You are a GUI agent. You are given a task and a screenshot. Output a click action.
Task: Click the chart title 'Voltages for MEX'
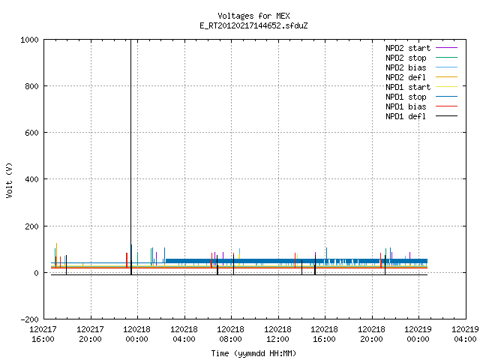click(253, 16)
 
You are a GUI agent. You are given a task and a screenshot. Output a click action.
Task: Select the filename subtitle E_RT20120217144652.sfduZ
click(253, 25)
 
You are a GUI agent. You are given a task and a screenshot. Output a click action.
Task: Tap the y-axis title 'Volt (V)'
click(9, 180)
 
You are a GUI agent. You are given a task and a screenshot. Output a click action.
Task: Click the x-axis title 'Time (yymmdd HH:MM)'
click(253, 353)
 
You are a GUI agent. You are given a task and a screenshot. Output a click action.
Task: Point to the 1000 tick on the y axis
click(29, 40)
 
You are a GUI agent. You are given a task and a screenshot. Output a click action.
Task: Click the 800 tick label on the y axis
click(31, 86)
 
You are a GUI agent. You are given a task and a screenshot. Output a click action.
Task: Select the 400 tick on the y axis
click(31, 179)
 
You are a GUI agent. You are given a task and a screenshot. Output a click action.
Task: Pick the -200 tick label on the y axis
click(29, 319)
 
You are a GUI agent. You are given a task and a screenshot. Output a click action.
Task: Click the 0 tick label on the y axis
click(37, 273)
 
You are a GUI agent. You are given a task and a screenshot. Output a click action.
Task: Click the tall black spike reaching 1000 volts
click(130, 157)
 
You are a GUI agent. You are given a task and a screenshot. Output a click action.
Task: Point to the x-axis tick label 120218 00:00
click(136, 334)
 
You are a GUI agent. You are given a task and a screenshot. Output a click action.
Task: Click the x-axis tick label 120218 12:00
click(277, 334)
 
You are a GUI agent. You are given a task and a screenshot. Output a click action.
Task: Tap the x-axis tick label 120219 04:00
click(465, 334)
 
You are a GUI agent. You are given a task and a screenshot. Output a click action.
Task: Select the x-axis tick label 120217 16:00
click(43, 334)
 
